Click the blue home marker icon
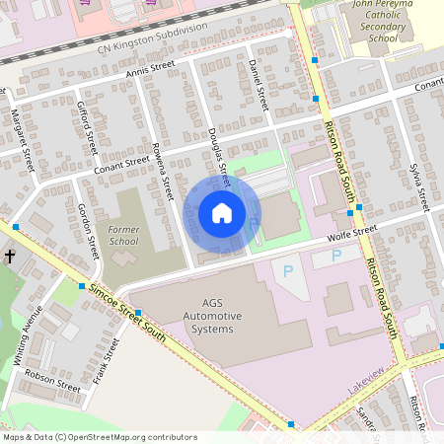pyautogui.click(x=222, y=213)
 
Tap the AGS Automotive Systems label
pyautogui.click(x=205, y=315)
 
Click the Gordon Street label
pyautogui.click(x=90, y=228)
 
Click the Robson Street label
pyautogui.click(x=52, y=380)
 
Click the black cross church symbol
pyautogui.click(x=10, y=257)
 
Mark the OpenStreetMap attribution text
pyautogui.click(x=100, y=437)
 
